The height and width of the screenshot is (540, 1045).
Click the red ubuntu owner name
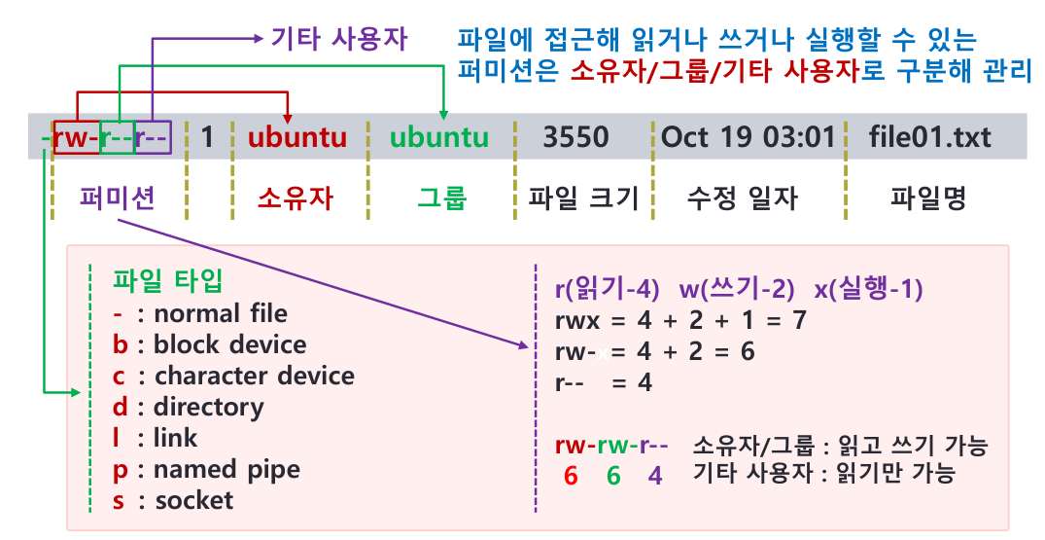(296, 137)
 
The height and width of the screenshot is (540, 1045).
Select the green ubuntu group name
(439, 137)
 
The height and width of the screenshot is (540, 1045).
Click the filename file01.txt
(930, 137)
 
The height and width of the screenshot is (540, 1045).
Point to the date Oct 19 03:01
(748, 137)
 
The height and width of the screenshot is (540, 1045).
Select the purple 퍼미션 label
(119, 198)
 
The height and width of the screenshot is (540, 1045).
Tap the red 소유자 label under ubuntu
(296, 198)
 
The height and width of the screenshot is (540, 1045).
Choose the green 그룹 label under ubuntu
(441, 198)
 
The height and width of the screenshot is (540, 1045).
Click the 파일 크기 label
(583, 198)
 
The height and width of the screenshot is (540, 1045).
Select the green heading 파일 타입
(167, 281)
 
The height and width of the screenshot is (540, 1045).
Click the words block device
(229, 344)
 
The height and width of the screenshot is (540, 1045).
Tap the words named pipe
(226, 469)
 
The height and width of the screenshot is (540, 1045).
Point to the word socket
(194, 500)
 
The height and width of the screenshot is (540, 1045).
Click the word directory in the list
(208, 407)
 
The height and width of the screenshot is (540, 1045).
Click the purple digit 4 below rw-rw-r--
(655, 476)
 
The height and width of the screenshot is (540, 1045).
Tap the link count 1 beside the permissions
(207, 137)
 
